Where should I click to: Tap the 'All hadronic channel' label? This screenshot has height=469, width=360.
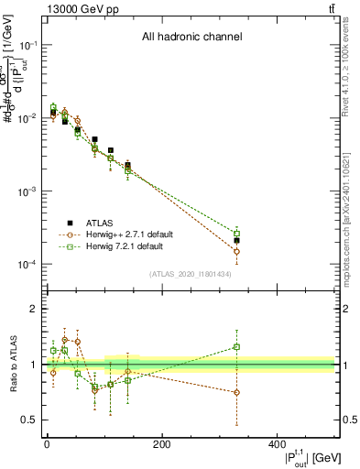[191, 38]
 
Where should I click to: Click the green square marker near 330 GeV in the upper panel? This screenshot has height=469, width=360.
[236, 234]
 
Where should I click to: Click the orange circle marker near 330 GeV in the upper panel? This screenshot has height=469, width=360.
[236, 251]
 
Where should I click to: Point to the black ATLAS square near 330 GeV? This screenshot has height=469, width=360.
[236, 240]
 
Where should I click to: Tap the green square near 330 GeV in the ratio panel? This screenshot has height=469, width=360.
[236, 347]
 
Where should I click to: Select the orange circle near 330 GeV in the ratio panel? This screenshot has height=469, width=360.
[236, 392]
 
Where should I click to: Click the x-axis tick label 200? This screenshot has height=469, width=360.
[161, 444]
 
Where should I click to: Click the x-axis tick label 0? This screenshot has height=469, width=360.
[47, 444]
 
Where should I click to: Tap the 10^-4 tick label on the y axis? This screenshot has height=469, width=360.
[25, 265]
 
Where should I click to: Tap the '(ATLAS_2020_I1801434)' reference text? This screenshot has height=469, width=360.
[191, 274]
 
